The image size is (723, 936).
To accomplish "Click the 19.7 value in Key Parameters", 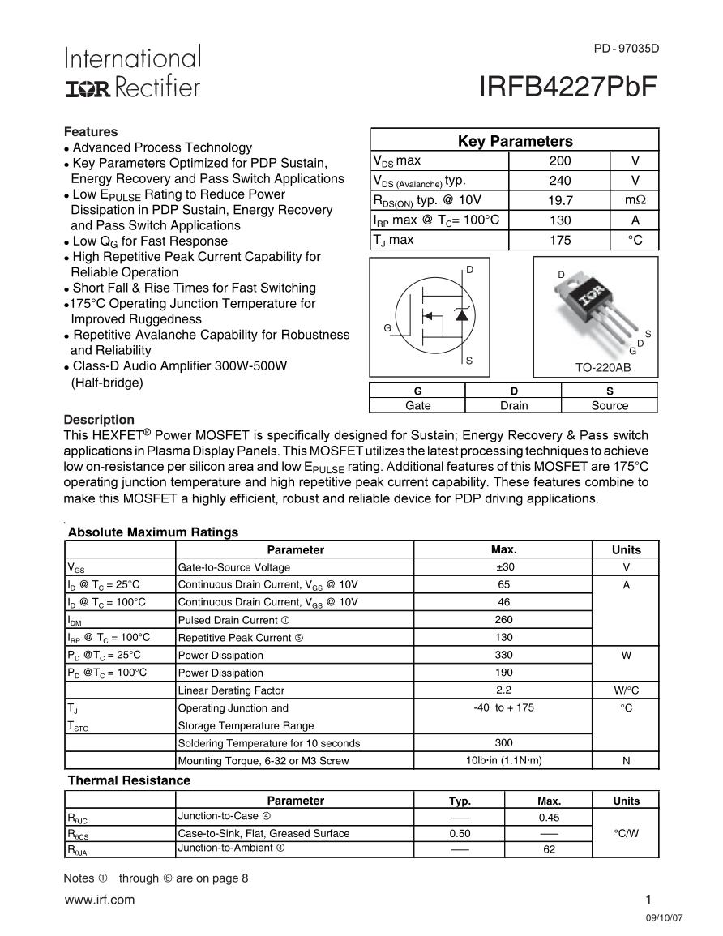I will point(560,200).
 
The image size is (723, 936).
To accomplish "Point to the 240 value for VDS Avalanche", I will point(560,181).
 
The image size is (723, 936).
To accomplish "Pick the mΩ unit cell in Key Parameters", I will point(635,200).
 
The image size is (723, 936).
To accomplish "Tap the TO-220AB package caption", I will point(603,368).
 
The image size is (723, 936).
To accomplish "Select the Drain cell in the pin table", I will point(513,405).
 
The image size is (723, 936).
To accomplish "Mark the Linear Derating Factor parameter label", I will point(231,690).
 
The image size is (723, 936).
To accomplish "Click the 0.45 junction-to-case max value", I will point(549,818).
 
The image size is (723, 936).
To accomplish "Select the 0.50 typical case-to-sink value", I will point(460,833).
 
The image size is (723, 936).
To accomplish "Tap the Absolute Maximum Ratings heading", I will point(153,532).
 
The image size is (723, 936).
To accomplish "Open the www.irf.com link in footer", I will point(99,900).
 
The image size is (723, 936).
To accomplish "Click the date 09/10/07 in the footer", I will point(665,921).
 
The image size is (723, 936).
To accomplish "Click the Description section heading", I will point(99,420).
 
